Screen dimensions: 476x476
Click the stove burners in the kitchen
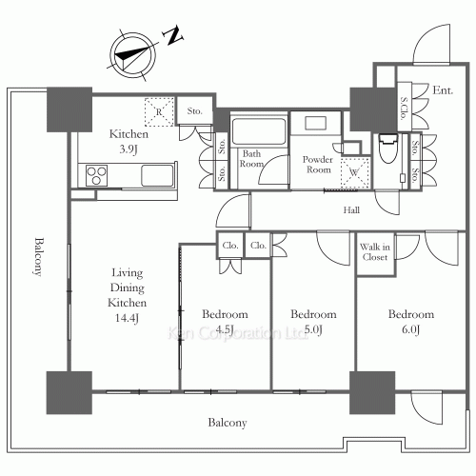click(x=98, y=175)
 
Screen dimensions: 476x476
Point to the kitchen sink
click(x=157, y=175)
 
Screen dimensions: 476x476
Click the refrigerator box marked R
click(x=158, y=111)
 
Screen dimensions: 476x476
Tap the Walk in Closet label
click(x=374, y=251)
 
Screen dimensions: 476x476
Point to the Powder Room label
click(x=315, y=165)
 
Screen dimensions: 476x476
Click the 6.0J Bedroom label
click(x=411, y=321)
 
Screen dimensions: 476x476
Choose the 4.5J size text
click(x=225, y=329)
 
